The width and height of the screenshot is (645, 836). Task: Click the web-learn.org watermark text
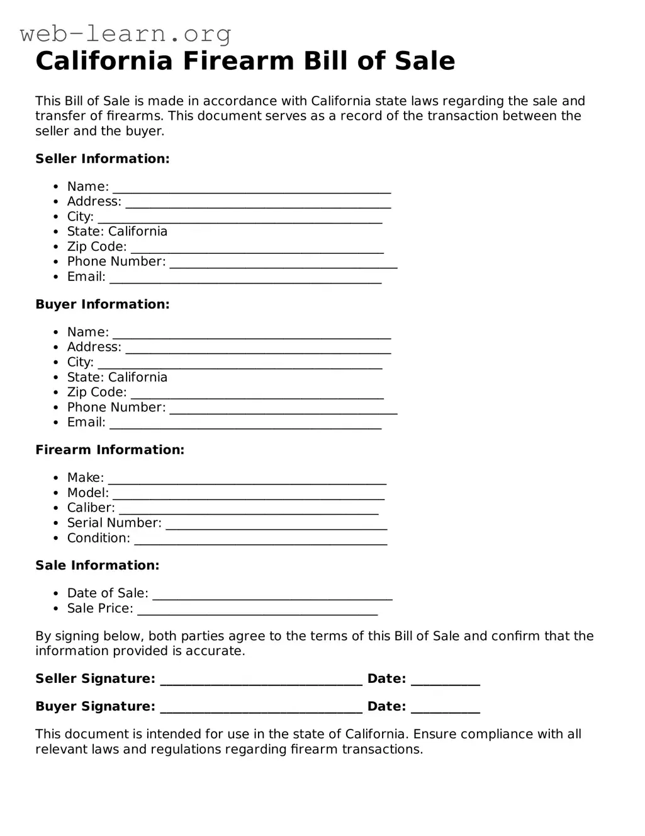125,33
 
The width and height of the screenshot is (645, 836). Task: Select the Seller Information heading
103,159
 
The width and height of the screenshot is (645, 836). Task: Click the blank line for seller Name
252,188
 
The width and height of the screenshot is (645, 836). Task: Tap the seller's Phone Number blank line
283,263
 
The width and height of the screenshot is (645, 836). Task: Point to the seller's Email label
86,277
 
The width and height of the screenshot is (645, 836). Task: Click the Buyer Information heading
103,304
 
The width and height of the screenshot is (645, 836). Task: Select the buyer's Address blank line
258,348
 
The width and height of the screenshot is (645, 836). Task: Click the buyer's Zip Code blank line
257,394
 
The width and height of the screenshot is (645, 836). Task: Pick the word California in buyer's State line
138,377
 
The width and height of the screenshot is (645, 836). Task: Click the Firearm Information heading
109,450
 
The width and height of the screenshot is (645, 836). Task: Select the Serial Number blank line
276,524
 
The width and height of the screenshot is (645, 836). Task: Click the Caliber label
91,508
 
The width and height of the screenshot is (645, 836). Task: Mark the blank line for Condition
261,539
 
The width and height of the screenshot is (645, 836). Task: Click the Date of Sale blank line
272,594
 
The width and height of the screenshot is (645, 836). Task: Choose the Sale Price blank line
257,609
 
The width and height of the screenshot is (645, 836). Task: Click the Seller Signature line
261,680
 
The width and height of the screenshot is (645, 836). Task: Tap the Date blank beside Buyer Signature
445,707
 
